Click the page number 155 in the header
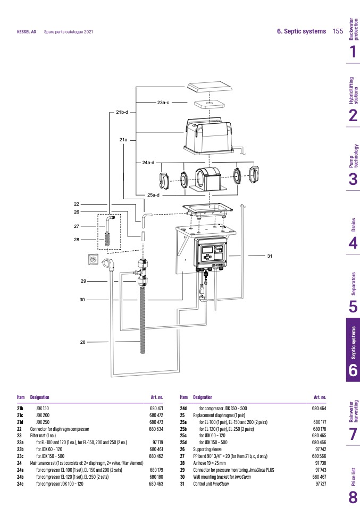pos(338,31)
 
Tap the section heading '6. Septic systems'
pos(302,31)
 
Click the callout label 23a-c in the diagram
pos(163,101)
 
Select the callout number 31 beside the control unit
pos(270,256)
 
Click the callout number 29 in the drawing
pos(83,281)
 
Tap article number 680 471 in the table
pos(156,408)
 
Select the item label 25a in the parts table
pos(183,421)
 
